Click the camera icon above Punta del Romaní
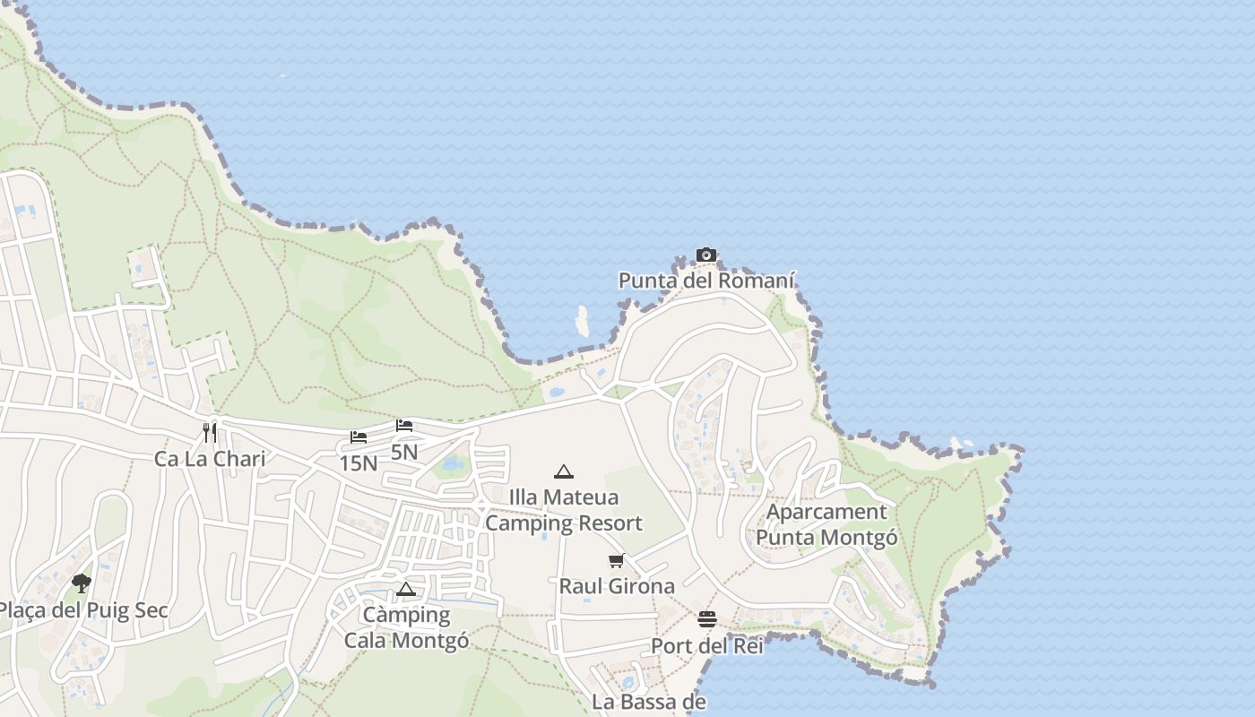coord(706,255)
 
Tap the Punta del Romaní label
coord(706,281)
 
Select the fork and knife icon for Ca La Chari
coord(210,433)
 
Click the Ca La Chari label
coord(210,459)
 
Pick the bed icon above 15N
coord(359,437)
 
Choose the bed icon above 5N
coord(404,425)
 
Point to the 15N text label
coord(358,463)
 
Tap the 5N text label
coord(404,452)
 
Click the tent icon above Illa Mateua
coord(563,471)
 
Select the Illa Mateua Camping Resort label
coord(564,510)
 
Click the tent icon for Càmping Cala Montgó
coord(406,589)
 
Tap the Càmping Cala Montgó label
coord(406,627)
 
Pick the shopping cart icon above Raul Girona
coord(616,561)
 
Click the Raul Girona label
coord(617,586)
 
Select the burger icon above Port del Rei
coord(707,619)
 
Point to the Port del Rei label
coord(707,645)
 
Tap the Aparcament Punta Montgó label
coord(827,524)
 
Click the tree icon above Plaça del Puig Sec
coord(82,583)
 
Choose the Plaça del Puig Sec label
coord(82,611)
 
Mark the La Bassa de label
coord(649,701)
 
